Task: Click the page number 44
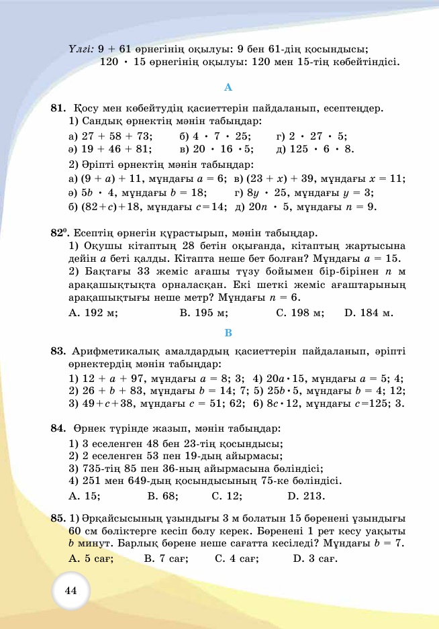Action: [x=71, y=591]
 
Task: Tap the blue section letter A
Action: [x=228, y=87]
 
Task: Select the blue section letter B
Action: [x=228, y=333]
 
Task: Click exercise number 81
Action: [x=58, y=107]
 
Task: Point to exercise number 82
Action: [x=58, y=234]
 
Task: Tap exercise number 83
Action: [x=58, y=351]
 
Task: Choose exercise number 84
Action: [x=58, y=428]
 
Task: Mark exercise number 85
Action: [x=58, y=518]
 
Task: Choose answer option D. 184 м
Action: [x=369, y=313]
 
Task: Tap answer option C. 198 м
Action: [x=300, y=313]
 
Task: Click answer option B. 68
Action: [x=162, y=496]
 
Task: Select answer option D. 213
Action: [x=306, y=496]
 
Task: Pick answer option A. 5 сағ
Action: [x=91, y=559]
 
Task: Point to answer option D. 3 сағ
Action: [x=315, y=559]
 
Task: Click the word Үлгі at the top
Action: [x=81, y=49]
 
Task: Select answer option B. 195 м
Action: [x=204, y=313]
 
